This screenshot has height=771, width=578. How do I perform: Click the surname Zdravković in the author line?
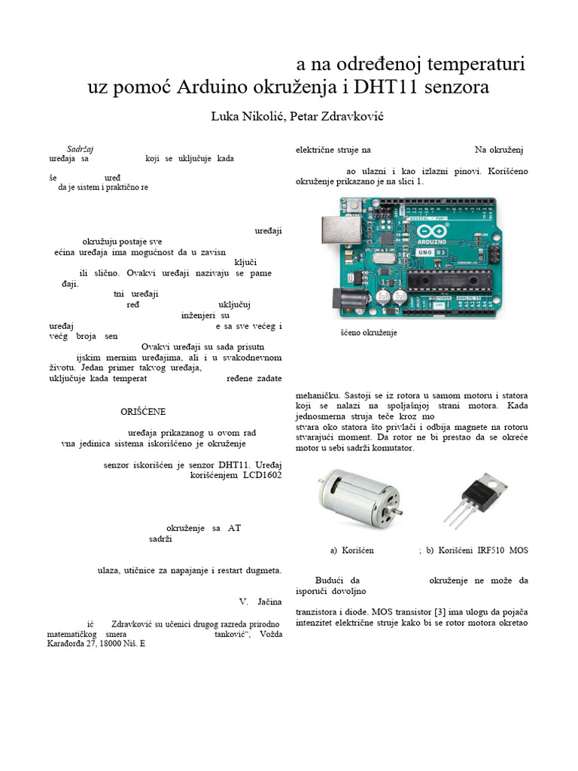pos(336,117)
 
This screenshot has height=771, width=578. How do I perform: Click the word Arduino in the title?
pos(214,87)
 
